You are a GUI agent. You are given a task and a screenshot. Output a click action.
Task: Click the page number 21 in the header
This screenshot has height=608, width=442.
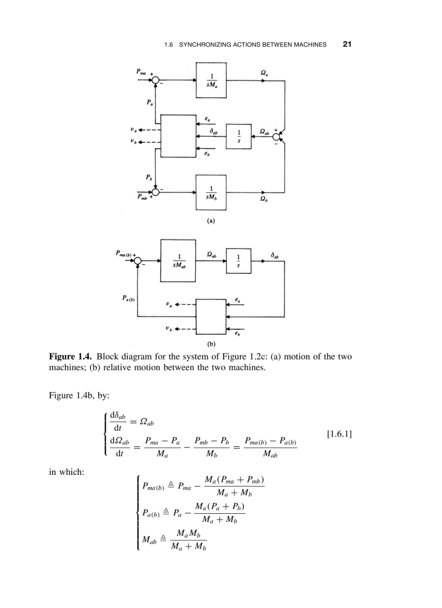[x=347, y=44]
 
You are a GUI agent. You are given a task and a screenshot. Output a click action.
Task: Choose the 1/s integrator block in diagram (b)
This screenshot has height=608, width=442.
[x=237, y=261]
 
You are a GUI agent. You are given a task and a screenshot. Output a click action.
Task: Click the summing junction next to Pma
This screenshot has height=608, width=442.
[x=156, y=81]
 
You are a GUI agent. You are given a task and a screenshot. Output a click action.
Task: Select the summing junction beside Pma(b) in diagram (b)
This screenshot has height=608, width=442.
[x=138, y=261]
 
